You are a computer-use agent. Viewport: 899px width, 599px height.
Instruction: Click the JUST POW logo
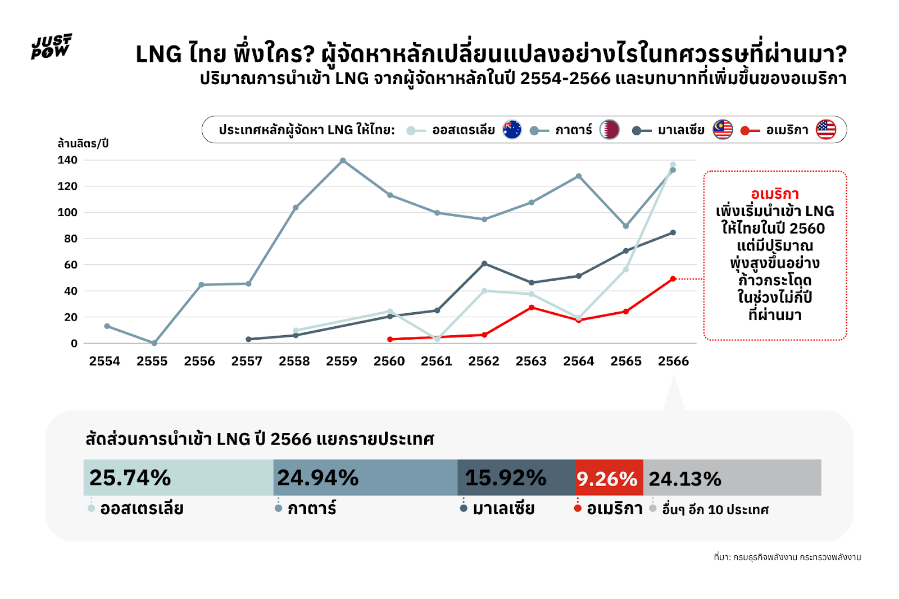point(51,46)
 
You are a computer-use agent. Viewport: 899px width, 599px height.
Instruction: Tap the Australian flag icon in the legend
point(512,130)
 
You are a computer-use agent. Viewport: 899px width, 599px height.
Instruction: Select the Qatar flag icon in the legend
point(609,130)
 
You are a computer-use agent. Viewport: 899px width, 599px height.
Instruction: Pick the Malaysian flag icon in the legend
point(723,130)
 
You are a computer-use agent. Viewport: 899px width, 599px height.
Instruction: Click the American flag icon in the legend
point(826,130)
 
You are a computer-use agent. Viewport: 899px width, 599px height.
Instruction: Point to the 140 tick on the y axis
point(67,160)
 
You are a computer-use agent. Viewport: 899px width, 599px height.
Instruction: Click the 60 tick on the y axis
point(71,264)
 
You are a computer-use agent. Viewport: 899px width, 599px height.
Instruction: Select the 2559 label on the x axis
point(342,361)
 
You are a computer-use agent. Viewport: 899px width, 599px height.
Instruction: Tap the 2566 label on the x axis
point(673,361)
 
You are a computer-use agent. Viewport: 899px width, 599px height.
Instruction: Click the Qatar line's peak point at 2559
point(343,161)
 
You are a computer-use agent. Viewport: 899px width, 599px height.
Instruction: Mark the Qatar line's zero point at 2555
point(154,343)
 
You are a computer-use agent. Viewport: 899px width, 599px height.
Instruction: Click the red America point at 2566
point(673,279)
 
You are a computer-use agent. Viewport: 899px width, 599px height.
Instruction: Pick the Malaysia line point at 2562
point(484,263)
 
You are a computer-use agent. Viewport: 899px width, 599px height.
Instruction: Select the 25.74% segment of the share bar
point(178,477)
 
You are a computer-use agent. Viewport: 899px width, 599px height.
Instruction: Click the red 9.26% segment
point(609,478)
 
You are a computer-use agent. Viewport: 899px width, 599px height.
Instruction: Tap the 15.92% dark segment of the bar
point(516,477)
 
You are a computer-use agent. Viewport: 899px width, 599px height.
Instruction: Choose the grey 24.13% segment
point(732,478)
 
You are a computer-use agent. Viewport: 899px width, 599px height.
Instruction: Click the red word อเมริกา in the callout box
point(775,194)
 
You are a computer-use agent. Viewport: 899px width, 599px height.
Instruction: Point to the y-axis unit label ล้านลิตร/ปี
point(83,143)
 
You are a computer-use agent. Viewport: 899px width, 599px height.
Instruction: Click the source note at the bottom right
point(787,557)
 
